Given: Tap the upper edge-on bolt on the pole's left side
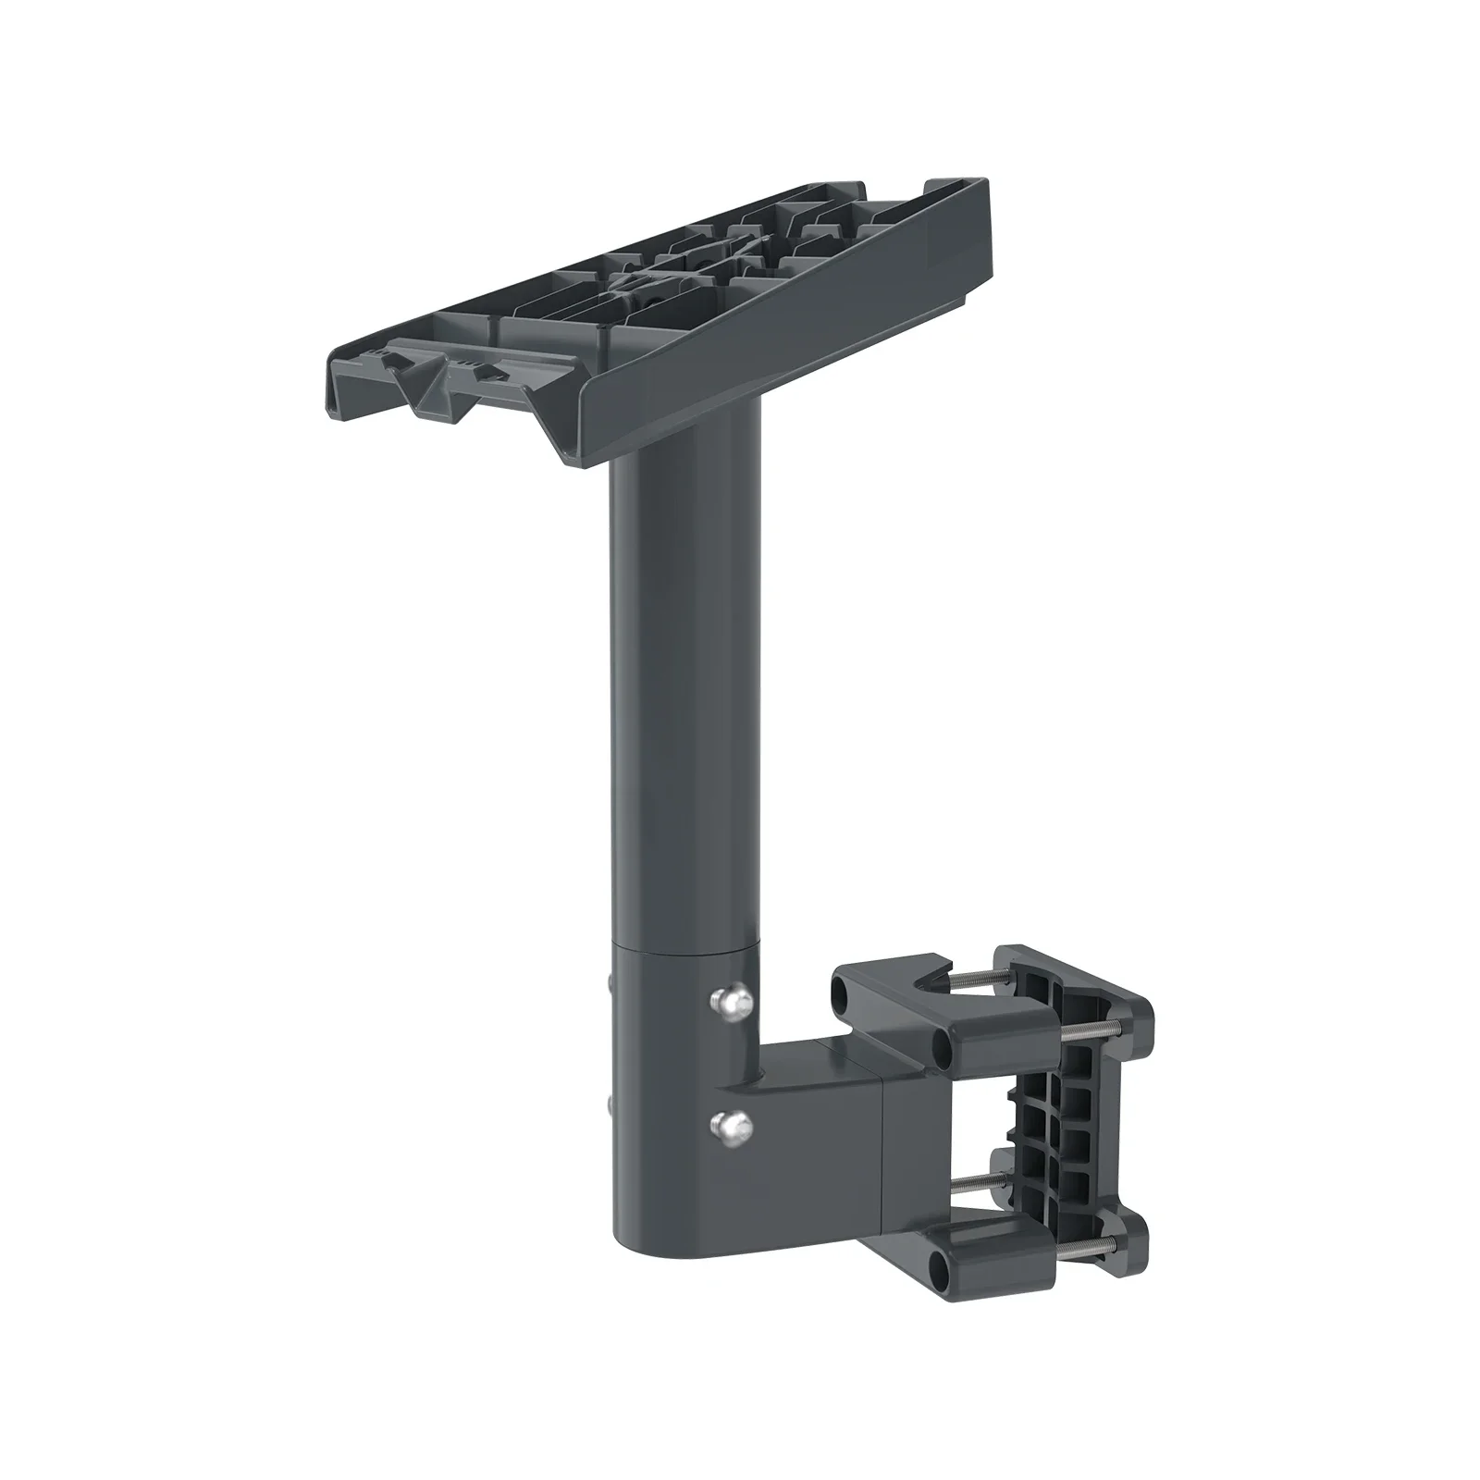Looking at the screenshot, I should [612, 983].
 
